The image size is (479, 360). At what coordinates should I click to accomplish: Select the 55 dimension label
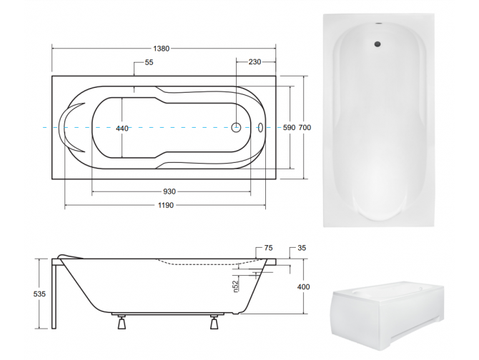point(149,63)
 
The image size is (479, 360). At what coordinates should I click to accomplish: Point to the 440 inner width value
point(122,128)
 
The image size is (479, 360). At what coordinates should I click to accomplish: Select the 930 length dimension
point(170,192)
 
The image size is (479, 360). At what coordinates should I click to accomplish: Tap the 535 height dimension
point(41,292)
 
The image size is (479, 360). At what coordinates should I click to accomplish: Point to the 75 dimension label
point(268,249)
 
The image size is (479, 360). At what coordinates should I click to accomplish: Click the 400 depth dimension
point(304,286)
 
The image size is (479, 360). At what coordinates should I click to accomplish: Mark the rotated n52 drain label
point(235,286)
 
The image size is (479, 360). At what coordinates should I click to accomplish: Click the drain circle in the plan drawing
point(237,128)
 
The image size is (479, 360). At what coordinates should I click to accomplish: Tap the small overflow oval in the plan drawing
point(260,128)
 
